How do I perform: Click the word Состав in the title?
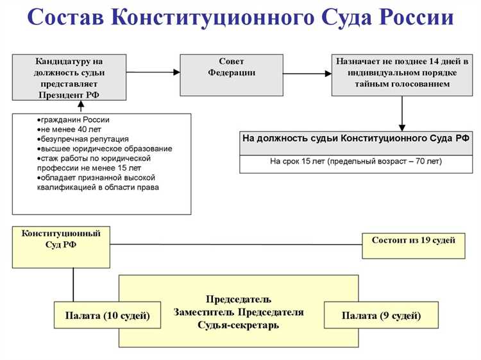tap(67, 19)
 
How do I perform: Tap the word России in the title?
tap(416, 19)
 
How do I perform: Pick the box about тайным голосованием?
tap(401, 74)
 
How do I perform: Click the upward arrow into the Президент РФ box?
tap(80, 106)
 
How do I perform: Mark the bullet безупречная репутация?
tap(85, 139)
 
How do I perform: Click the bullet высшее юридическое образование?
tap(106, 149)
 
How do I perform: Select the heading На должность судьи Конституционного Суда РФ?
tap(355, 139)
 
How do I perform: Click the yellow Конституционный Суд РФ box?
tap(61, 246)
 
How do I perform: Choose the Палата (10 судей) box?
tap(108, 316)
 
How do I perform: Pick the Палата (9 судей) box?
tap(381, 316)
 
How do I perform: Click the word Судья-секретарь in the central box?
tap(239, 326)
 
